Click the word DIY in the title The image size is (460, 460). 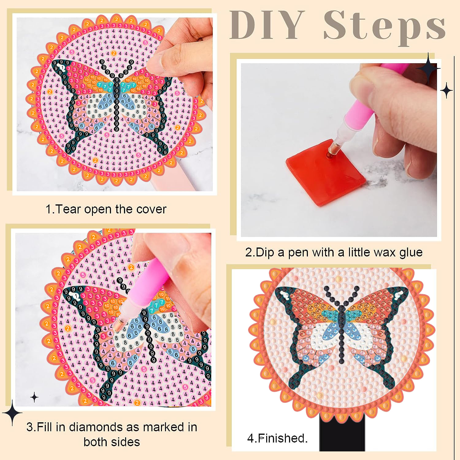[267, 25]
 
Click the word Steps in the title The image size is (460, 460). [385, 28]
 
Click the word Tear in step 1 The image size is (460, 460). [68, 209]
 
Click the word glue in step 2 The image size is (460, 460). [411, 253]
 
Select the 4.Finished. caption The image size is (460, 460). [277, 438]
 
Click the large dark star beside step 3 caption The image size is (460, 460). [12, 412]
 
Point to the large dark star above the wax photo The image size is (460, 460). [428, 68]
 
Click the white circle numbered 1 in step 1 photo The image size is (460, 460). [62, 67]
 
